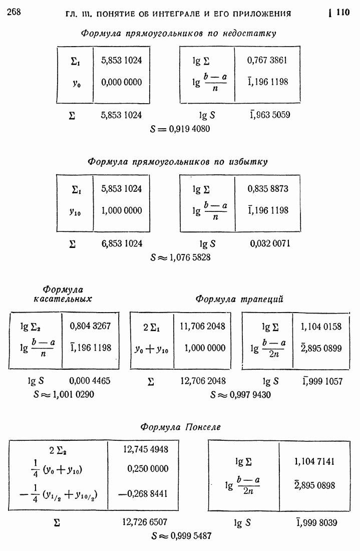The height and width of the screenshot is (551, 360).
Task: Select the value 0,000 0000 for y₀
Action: [121, 82]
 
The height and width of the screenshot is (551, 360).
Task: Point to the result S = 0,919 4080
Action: [180, 129]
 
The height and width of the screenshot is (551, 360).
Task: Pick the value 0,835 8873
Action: [268, 189]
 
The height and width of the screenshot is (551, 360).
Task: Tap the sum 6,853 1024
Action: [121, 243]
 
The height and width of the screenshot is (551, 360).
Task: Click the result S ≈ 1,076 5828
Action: [181, 257]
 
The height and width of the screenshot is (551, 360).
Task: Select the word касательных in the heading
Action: [63, 299]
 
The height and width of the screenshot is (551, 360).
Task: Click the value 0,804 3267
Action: [91, 326]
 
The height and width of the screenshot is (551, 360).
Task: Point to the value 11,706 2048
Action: [202, 326]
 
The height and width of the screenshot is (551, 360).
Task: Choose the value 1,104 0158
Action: [321, 326]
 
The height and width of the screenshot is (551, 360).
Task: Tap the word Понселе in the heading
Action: [203, 427]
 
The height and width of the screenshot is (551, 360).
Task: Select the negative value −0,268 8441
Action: [145, 494]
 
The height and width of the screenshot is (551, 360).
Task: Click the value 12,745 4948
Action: [145, 449]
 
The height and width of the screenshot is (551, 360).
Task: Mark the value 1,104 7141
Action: [315, 461]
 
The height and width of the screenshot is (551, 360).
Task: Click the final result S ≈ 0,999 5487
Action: [181, 535]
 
